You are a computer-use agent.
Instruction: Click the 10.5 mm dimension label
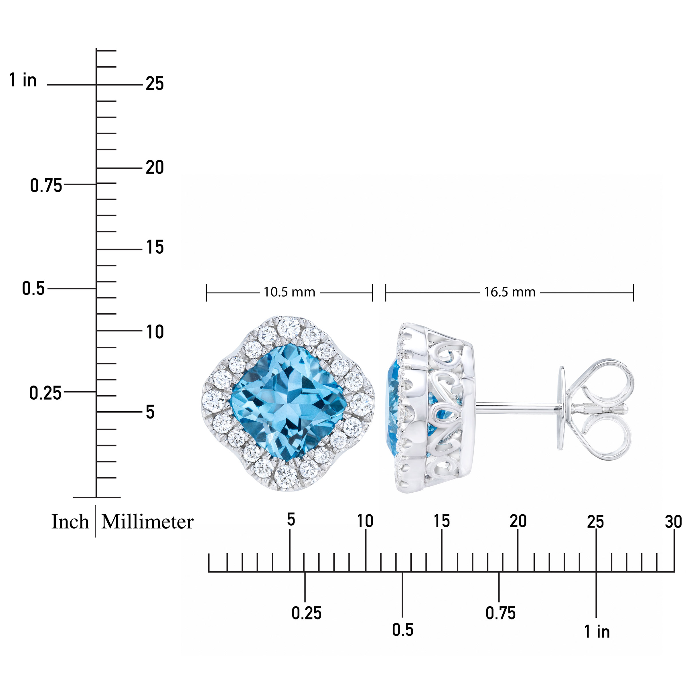pyautogui.click(x=289, y=292)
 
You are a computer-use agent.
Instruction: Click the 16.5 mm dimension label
pyautogui.click(x=510, y=292)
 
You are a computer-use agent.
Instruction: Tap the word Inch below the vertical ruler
pyautogui.click(x=70, y=522)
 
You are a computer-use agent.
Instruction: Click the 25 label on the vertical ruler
pyautogui.click(x=155, y=84)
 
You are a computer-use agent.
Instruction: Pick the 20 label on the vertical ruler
pyautogui.click(x=155, y=167)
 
